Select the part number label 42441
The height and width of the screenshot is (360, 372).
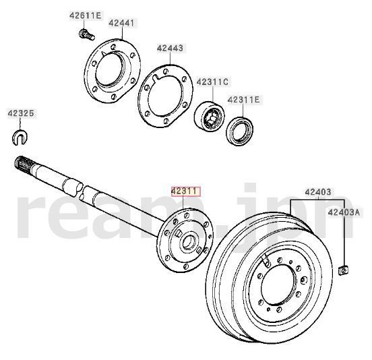122,23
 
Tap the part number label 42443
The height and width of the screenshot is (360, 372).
170,48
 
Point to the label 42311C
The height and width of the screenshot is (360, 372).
212,82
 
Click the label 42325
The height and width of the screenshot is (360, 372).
20,113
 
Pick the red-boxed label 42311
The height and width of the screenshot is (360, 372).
185,191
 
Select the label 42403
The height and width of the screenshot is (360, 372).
317,191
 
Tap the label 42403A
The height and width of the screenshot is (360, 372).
344,212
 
